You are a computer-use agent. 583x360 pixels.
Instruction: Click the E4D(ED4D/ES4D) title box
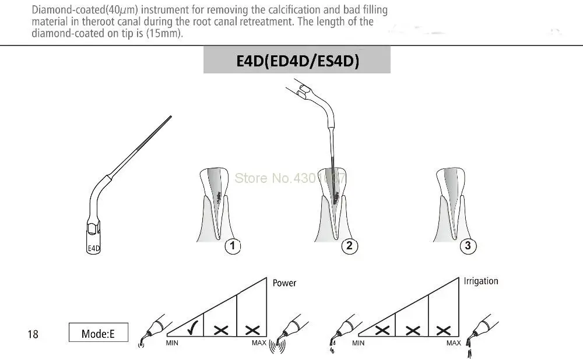tap(297, 62)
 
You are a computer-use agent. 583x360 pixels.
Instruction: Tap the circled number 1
tap(232, 246)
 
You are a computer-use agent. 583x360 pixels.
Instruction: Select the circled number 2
tap(349, 246)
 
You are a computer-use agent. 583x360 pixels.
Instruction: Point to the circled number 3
tap(468, 246)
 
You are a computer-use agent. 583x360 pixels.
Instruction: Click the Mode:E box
tap(97, 333)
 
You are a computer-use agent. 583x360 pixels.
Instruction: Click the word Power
tap(285, 283)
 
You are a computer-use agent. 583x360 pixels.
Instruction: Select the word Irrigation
tap(481, 281)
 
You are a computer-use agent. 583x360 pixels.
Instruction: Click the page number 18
tap(33, 334)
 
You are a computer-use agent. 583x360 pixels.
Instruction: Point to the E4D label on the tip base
tap(94, 249)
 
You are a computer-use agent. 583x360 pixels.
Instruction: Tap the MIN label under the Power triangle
tap(172, 343)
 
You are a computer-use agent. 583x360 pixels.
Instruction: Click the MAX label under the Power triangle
tap(259, 343)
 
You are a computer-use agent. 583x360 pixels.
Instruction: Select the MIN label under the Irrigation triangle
tap(359, 343)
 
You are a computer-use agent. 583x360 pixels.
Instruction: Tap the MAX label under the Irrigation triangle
tap(454, 343)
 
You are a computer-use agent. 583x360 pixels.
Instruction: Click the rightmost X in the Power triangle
tap(252, 330)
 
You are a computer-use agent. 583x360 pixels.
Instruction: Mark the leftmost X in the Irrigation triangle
tap(382, 330)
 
